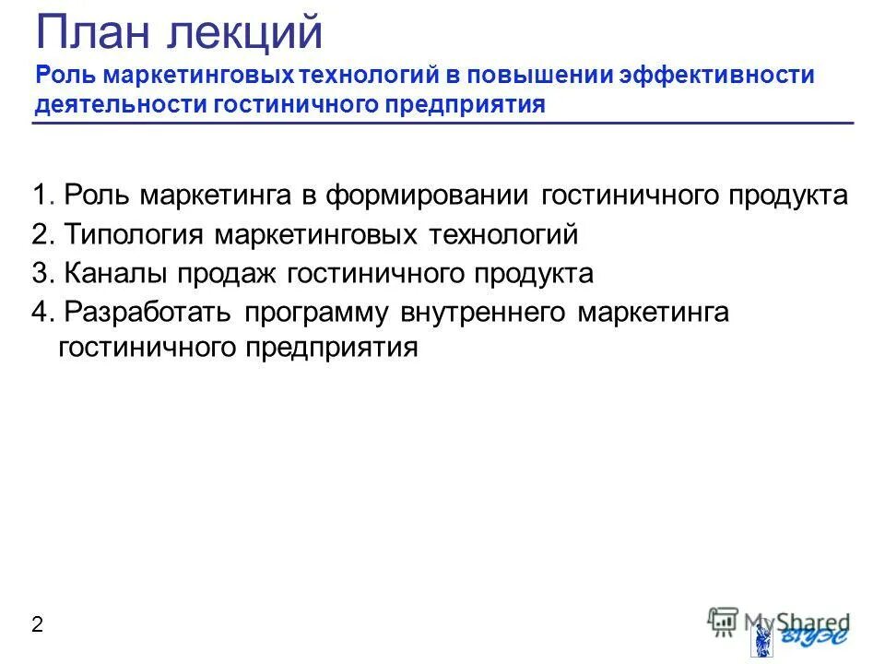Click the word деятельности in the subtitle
(121, 104)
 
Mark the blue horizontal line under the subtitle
(442, 123)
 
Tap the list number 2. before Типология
(43, 235)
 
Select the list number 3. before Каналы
(43, 274)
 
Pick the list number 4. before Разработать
(43, 313)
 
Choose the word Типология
(135, 235)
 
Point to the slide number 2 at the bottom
(37, 625)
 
